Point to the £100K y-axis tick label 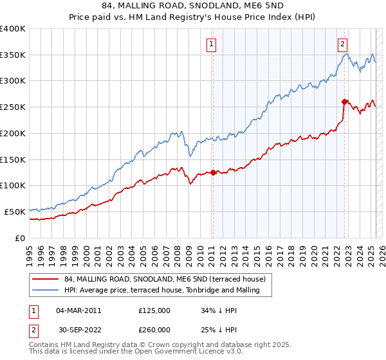[13, 185]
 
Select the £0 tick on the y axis [20, 238]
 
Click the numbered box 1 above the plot [212, 44]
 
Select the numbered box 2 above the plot [343, 44]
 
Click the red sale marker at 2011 [213, 172]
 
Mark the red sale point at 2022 [345, 101]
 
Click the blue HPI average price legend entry [161, 291]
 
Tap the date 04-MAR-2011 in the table [78, 310]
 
